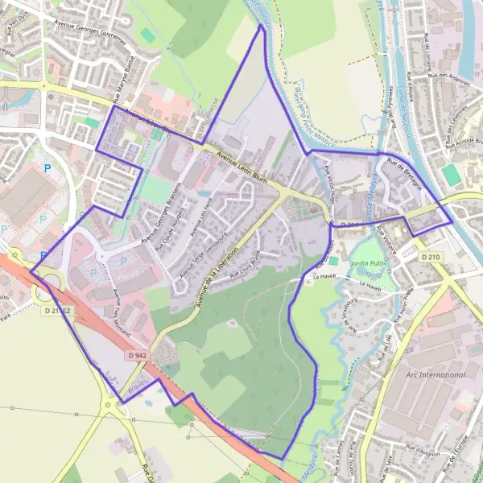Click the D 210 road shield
tap(431, 257)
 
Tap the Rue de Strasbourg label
tap(348, 313)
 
